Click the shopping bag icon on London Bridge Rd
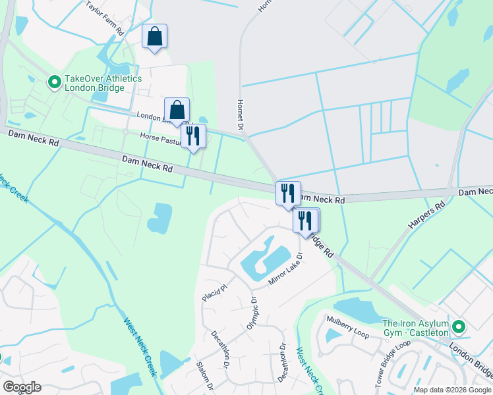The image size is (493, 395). pyautogui.click(x=177, y=110)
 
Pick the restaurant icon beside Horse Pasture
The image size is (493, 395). pyautogui.click(x=193, y=136)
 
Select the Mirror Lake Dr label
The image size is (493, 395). pyautogui.click(x=285, y=270)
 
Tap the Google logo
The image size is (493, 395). pyautogui.click(x=22, y=386)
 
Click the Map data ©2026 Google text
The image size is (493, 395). pyautogui.click(x=451, y=390)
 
